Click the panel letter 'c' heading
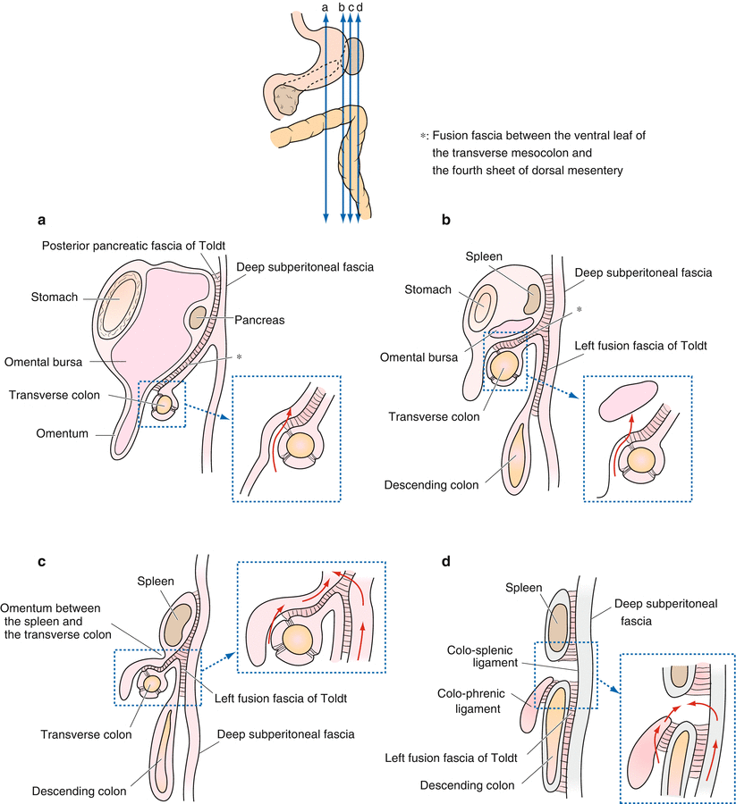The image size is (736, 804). point(42,563)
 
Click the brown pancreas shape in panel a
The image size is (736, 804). point(199,318)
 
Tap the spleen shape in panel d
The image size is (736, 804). point(559,618)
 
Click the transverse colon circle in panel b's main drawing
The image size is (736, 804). point(504,364)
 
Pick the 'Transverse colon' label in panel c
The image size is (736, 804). point(87,734)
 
